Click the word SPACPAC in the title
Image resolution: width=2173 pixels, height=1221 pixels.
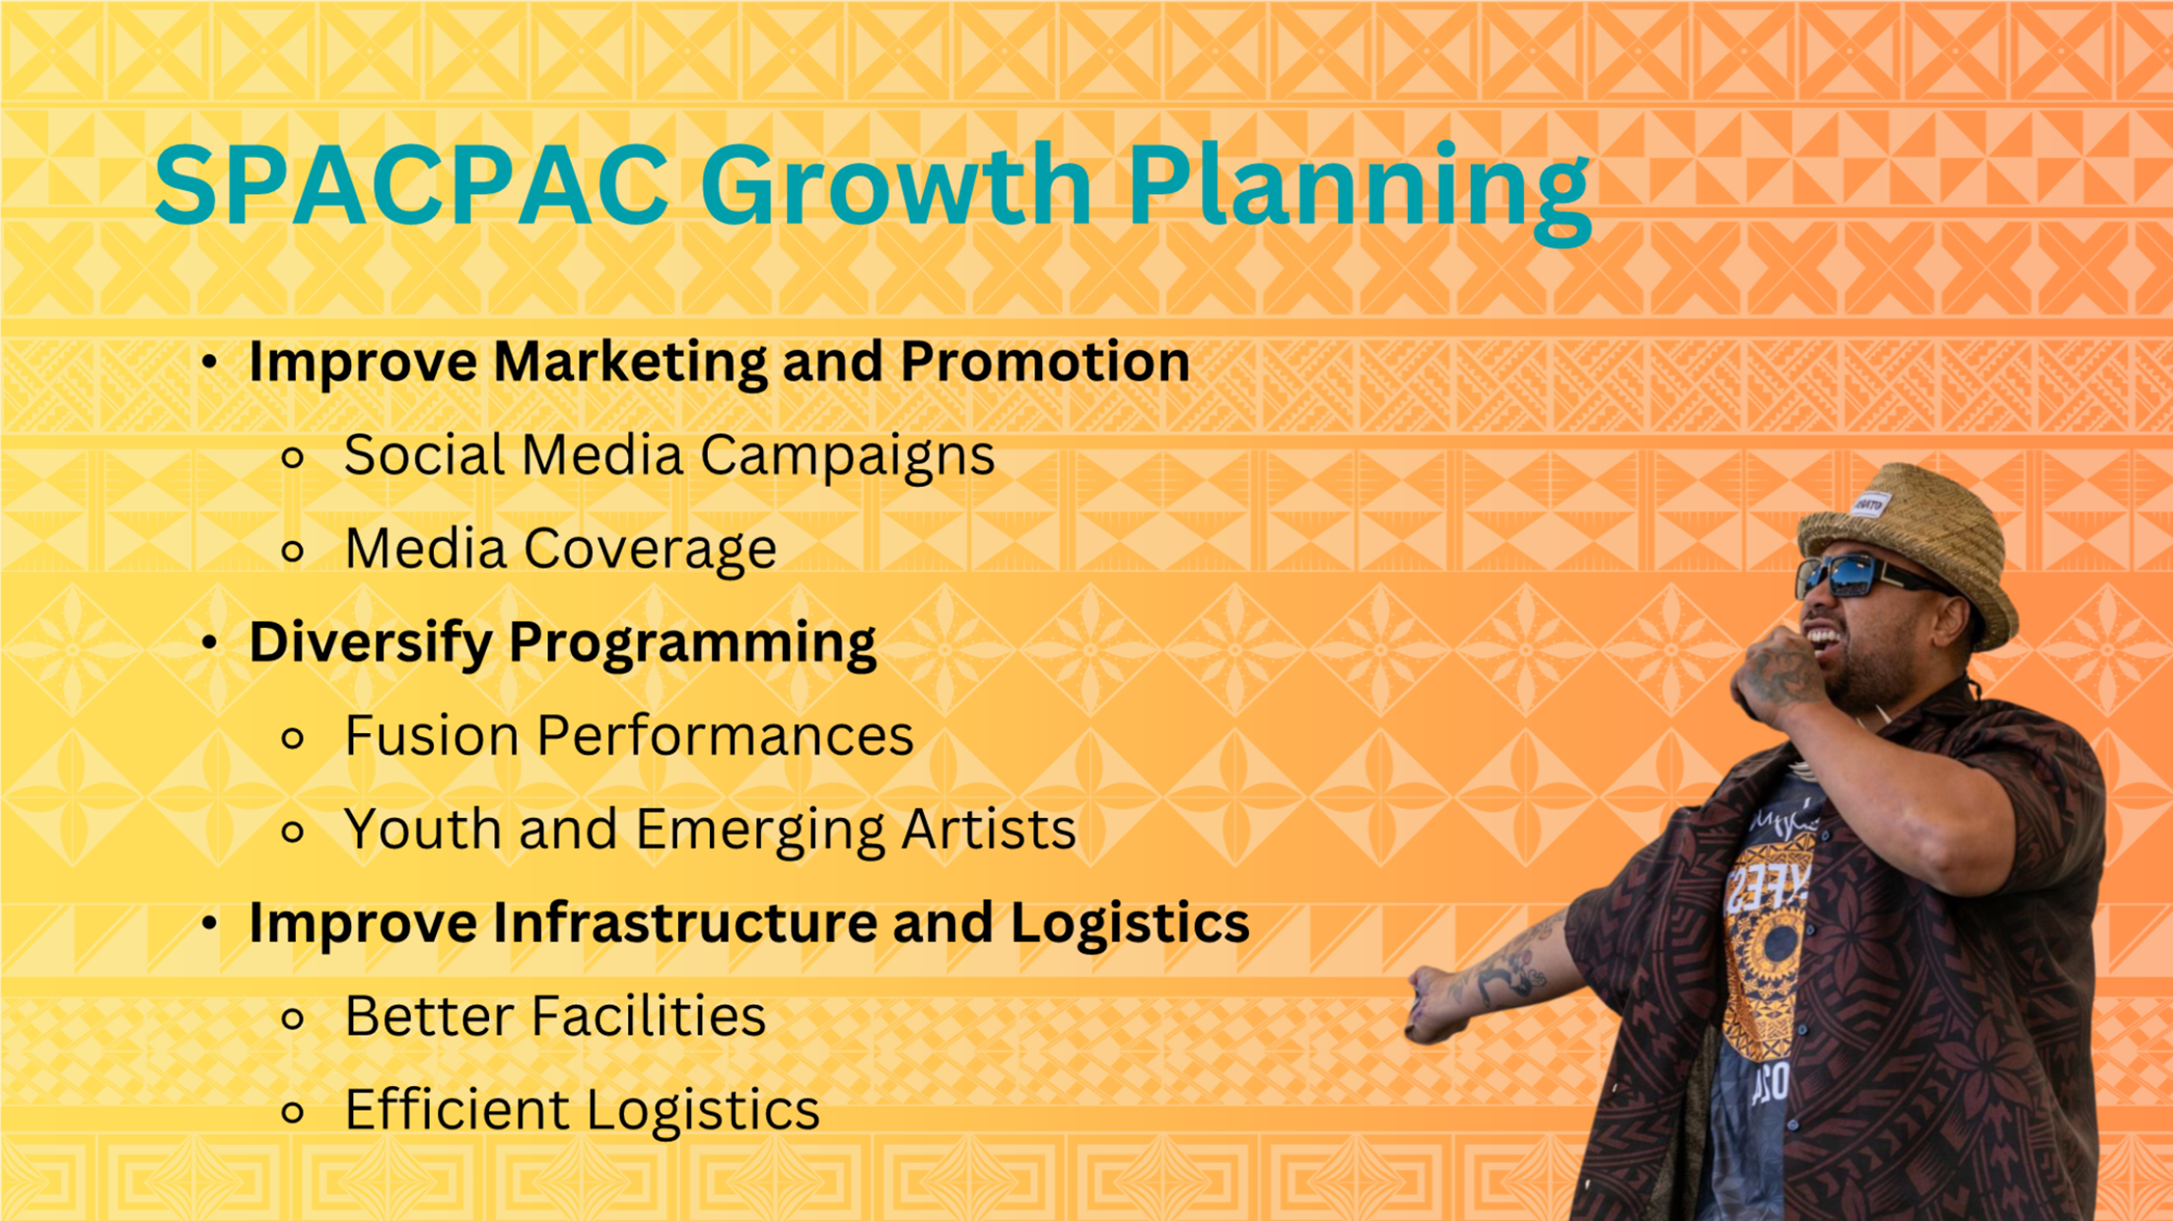tap(412, 185)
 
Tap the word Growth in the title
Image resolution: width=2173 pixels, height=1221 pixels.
tap(896, 185)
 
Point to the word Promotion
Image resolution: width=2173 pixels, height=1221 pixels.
tap(1045, 361)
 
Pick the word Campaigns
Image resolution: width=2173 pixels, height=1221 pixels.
tap(848, 456)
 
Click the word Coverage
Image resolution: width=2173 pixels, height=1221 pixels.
tap(650, 550)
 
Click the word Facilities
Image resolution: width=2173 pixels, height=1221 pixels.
tap(648, 1016)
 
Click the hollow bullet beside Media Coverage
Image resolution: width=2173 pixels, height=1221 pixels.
tap(293, 551)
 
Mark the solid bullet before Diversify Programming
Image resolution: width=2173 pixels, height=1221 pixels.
tap(209, 644)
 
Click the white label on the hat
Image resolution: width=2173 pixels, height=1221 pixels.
tap(1869, 506)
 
